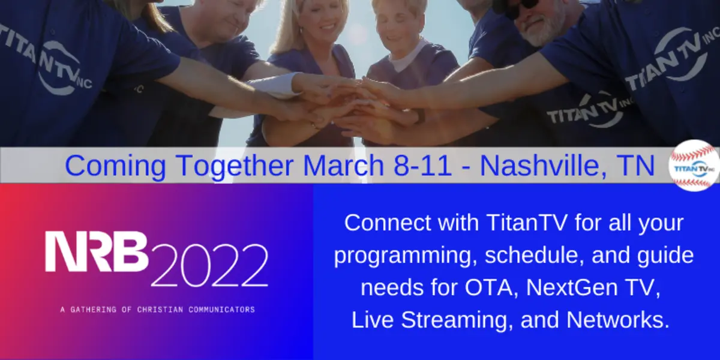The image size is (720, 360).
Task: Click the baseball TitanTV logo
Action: point(694,166)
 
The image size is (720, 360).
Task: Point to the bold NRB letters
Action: point(97,251)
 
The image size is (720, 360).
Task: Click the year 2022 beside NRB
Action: point(209,265)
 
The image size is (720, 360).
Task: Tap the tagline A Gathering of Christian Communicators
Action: point(157,310)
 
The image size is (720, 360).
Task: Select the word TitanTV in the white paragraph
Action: point(527,223)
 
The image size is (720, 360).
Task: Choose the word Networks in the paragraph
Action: point(618,320)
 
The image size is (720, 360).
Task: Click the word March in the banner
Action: point(343,166)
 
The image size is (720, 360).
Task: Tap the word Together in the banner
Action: point(235,167)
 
